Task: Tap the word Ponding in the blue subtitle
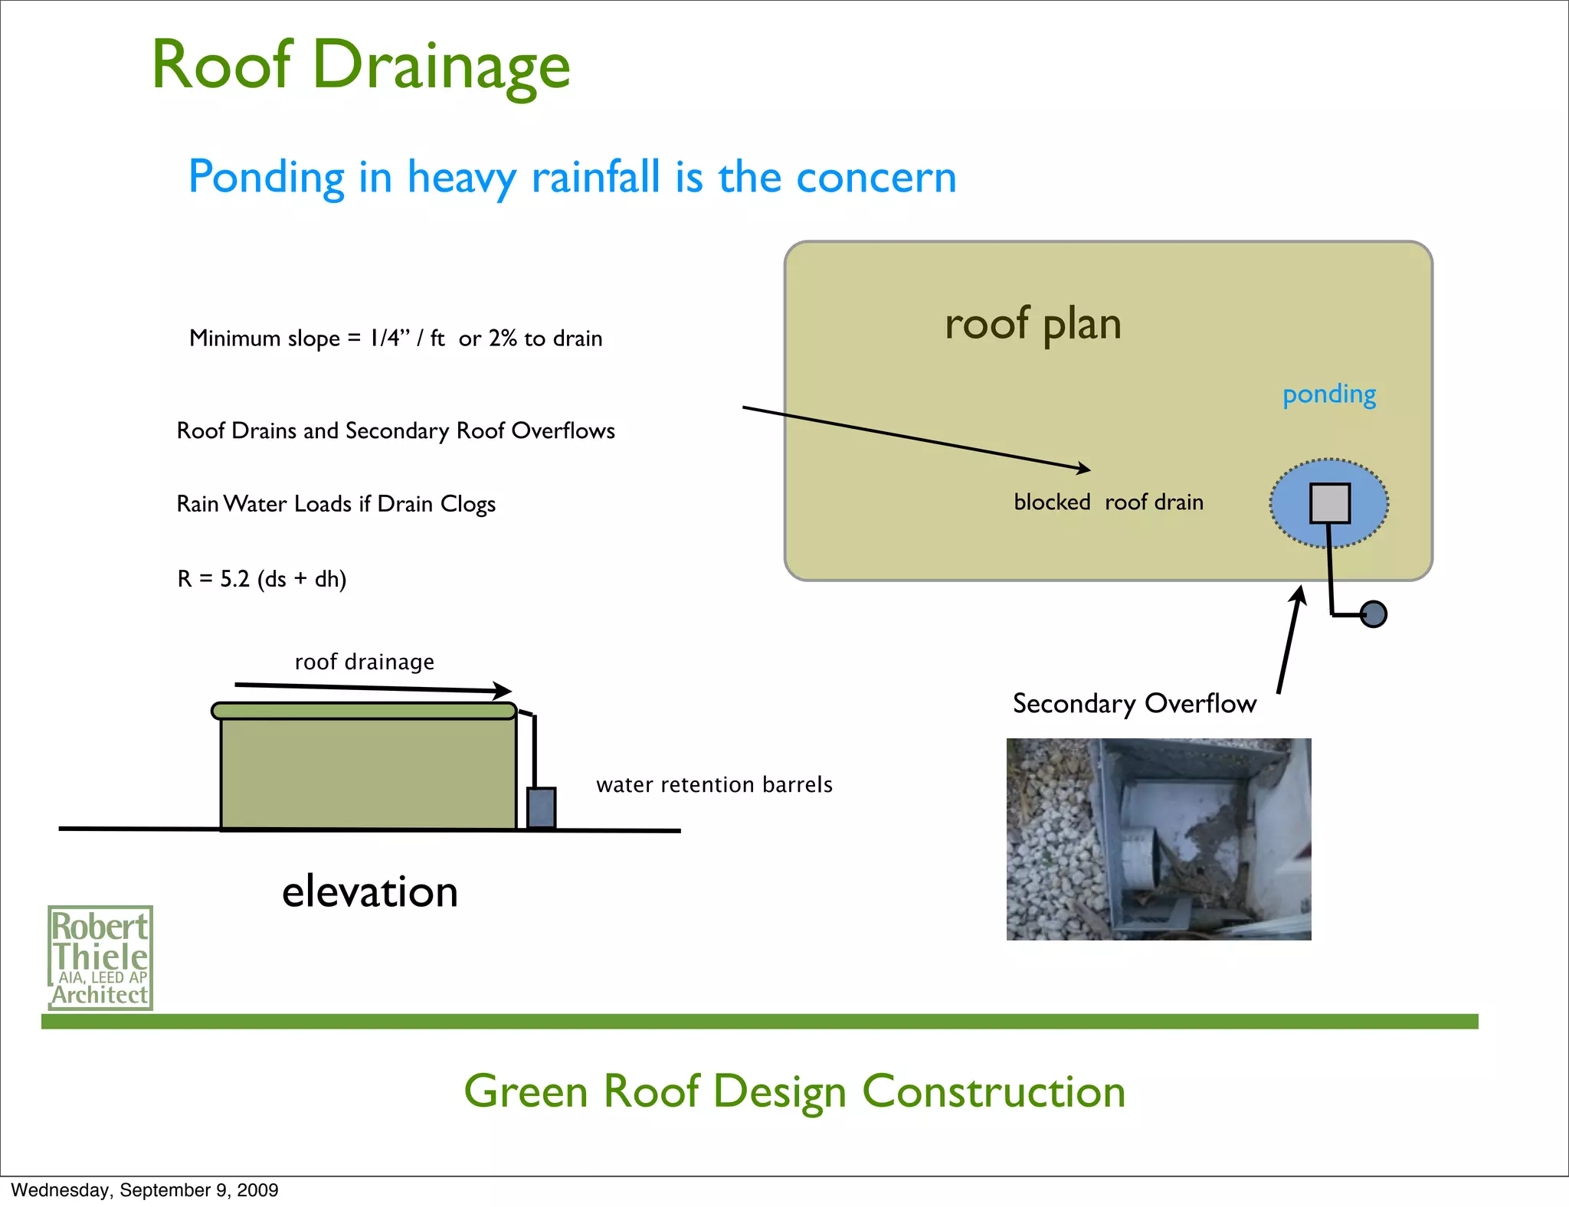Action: (x=266, y=178)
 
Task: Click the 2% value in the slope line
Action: (x=503, y=339)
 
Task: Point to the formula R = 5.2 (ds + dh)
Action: (x=262, y=579)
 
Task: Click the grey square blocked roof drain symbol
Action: (x=1330, y=503)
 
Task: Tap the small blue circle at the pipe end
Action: (x=1374, y=613)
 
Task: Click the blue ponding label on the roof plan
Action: (x=1329, y=394)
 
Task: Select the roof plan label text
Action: (x=1033, y=324)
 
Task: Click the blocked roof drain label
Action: (x=1109, y=502)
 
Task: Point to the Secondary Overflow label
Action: (x=1134, y=704)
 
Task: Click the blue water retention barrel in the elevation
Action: (x=542, y=808)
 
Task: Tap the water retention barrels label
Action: (x=714, y=785)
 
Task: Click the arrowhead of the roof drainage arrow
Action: (x=504, y=690)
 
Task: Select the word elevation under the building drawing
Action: (x=370, y=892)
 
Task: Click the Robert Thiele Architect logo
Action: (x=100, y=958)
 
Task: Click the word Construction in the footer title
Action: (x=994, y=1091)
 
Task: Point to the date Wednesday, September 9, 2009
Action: (x=145, y=1190)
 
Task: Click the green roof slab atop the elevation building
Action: (x=364, y=711)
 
